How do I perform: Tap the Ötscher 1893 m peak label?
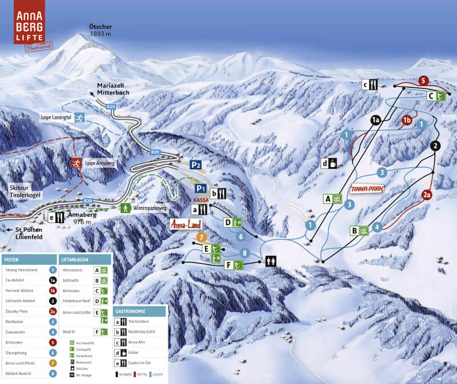[101, 30]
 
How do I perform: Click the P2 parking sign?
[196, 165]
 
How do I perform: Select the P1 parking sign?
[201, 188]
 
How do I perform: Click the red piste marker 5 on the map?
[423, 81]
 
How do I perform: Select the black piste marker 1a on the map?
[375, 120]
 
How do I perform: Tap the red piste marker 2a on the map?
[426, 195]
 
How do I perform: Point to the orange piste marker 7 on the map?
[201, 237]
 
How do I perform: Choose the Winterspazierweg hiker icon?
[125, 208]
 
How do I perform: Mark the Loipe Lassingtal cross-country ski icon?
[81, 118]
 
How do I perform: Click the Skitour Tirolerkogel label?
[25, 191]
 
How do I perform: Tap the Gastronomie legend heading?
[130, 312]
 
